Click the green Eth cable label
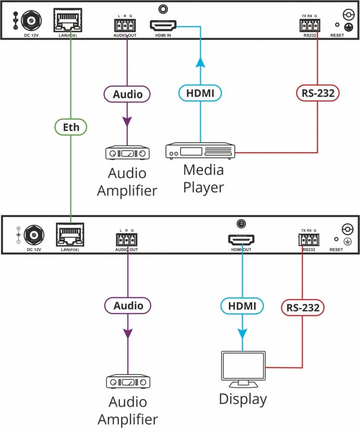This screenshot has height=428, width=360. pos(71,127)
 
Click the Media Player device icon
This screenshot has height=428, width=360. pos(200,151)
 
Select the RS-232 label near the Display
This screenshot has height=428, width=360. pos(303,307)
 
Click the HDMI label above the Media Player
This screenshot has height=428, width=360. pos(200,93)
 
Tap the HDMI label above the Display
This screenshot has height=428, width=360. pos(242,306)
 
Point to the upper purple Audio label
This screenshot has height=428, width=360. pos(128,94)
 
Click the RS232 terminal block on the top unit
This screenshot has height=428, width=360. pos(310,25)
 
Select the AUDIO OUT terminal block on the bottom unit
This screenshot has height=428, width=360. pos(126,240)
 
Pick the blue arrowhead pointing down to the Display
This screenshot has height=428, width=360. pos(242,333)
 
